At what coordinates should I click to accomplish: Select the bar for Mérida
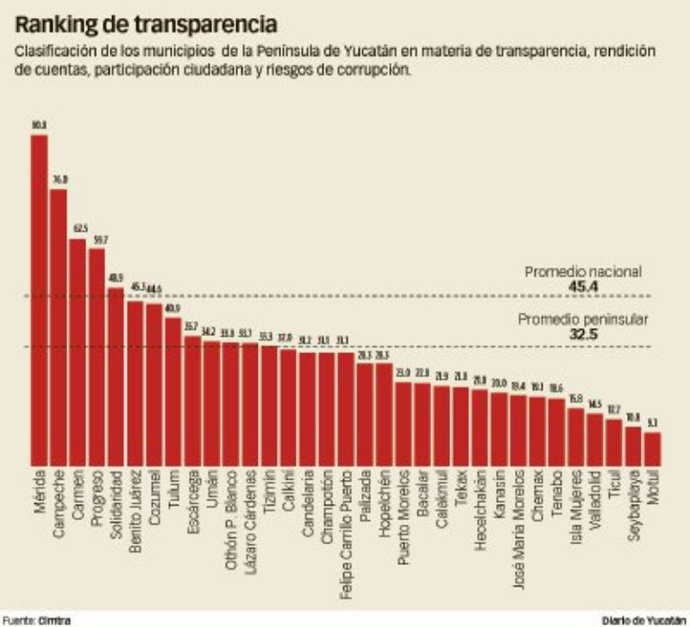coord(40,296)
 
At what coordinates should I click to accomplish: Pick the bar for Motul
coord(653,446)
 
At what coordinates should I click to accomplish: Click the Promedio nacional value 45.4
coord(584,287)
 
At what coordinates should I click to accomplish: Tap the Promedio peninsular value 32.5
coord(584,334)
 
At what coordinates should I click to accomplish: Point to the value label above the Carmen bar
coord(79,229)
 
